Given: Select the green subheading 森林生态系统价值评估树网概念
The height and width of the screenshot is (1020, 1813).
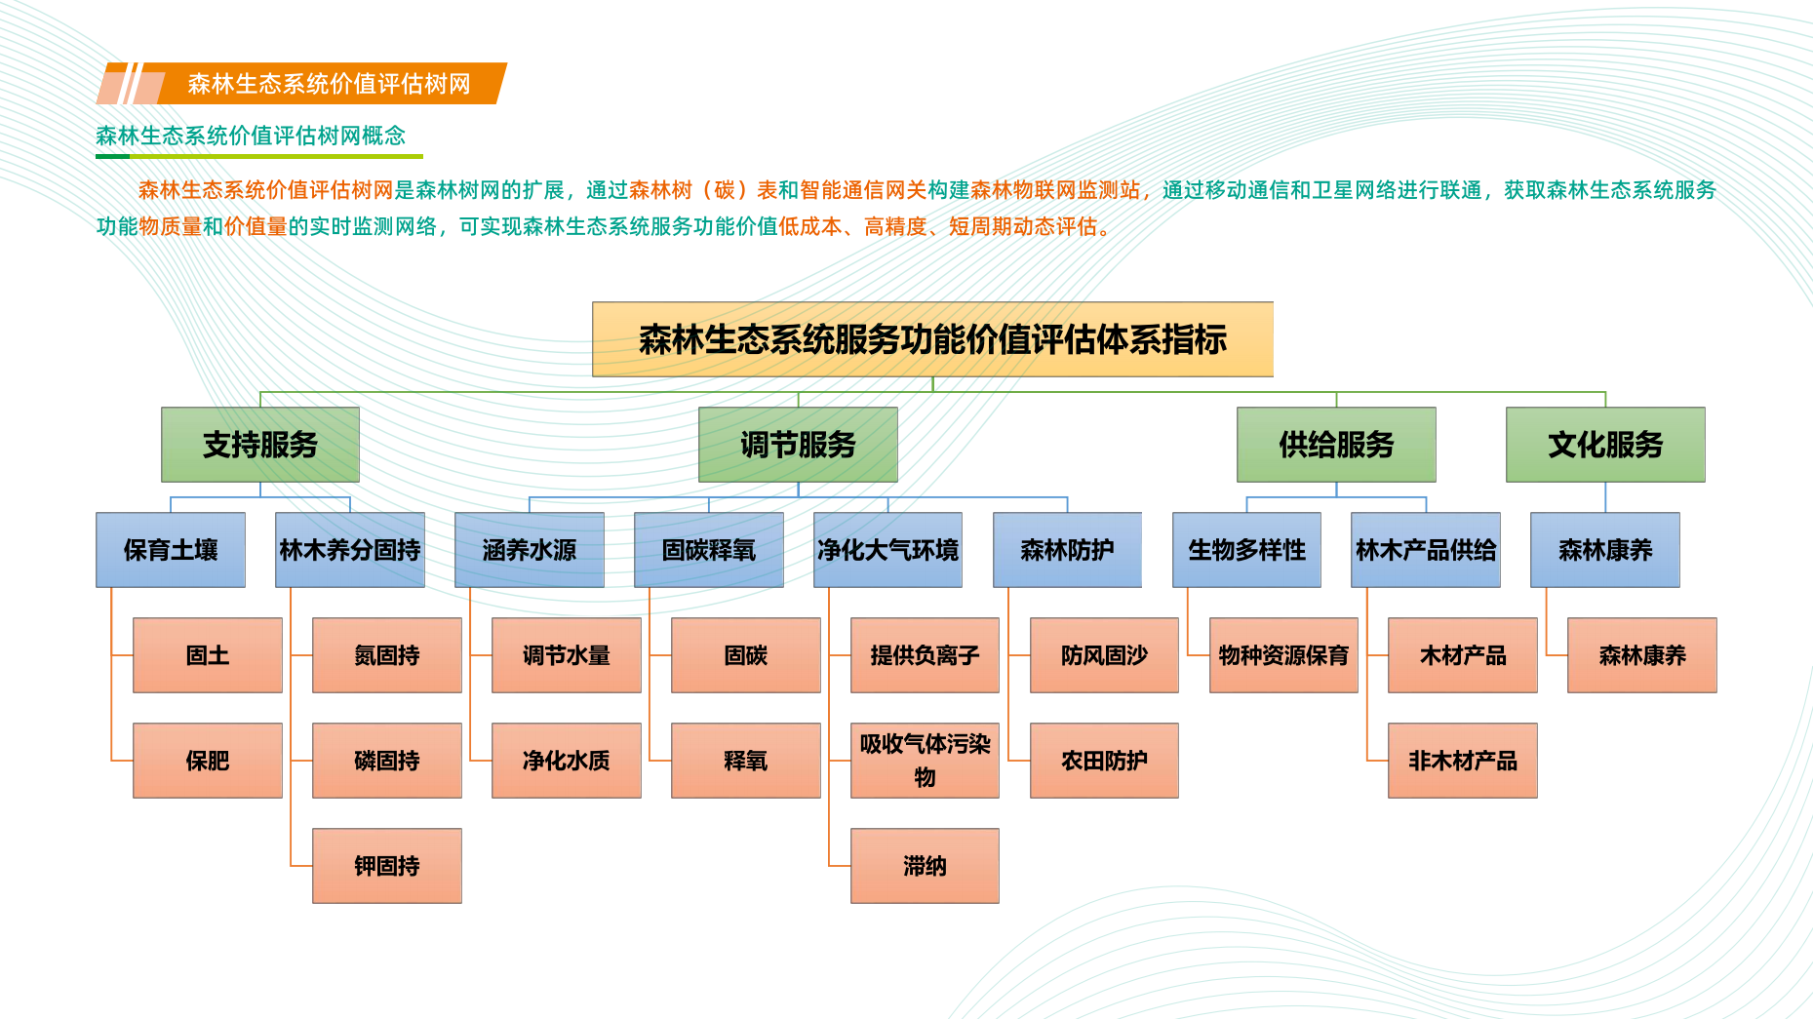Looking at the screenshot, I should coord(251,136).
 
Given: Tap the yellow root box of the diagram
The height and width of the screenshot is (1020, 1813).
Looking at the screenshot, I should coord(932,339).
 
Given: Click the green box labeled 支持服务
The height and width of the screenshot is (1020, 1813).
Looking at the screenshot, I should coord(260,445).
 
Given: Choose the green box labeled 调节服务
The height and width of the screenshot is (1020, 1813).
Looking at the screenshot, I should coord(798,445).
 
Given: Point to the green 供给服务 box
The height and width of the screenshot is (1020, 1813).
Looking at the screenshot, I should coord(1336,445).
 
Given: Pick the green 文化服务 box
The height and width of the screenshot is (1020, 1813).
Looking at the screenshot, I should coord(1605,445).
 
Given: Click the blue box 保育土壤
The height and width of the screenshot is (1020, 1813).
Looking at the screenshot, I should coord(171,550).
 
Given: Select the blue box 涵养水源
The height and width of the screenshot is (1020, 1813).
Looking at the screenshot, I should coord(530,550).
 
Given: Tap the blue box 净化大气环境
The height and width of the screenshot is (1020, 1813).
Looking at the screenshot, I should coord(887,550).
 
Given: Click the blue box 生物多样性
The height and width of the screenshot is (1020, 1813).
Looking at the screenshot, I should coord(1246,550).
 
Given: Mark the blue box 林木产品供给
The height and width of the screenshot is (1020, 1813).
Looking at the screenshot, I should coord(1426,550).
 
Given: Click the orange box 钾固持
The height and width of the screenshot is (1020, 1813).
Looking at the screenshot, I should coord(387,866).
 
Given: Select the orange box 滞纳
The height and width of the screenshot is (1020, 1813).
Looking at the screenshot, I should coord(925,866).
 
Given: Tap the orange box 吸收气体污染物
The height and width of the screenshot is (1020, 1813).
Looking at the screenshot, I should coord(925,761).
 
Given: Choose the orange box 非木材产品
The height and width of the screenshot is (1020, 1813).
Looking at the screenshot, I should coord(1463,761).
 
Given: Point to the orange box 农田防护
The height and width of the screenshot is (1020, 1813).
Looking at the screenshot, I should coord(1104,761).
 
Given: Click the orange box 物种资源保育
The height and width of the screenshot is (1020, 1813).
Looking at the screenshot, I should coord(1283,655).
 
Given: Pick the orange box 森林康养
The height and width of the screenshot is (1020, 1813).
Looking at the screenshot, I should coord(1642,655).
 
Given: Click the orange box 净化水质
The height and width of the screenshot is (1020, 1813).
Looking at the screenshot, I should coord(567,761).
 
